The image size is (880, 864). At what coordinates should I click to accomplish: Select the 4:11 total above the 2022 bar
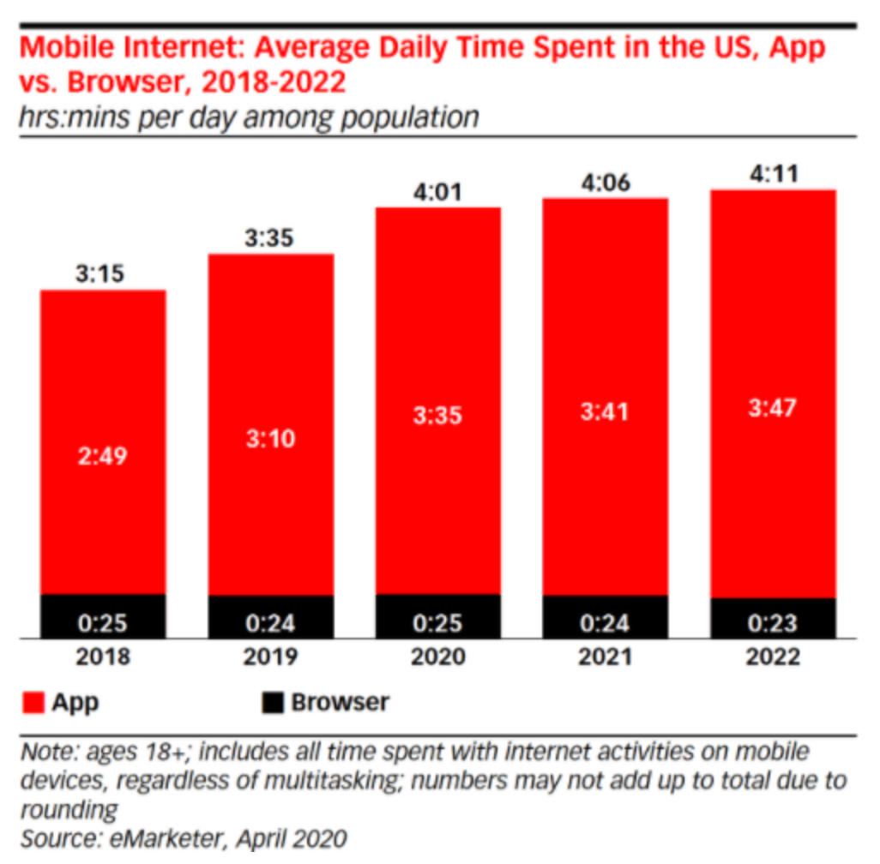point(774,174)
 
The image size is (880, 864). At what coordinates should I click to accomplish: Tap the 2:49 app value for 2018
point(103,455)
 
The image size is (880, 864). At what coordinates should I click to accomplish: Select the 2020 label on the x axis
point(438,657)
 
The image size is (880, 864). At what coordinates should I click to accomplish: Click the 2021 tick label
point(606,657)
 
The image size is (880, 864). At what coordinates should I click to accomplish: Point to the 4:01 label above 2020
point(438,191)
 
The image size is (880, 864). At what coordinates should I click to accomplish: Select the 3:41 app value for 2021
point(606,411)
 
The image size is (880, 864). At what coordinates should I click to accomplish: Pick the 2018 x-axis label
point(103,657)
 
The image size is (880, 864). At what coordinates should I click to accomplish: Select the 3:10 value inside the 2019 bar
point(271,438)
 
